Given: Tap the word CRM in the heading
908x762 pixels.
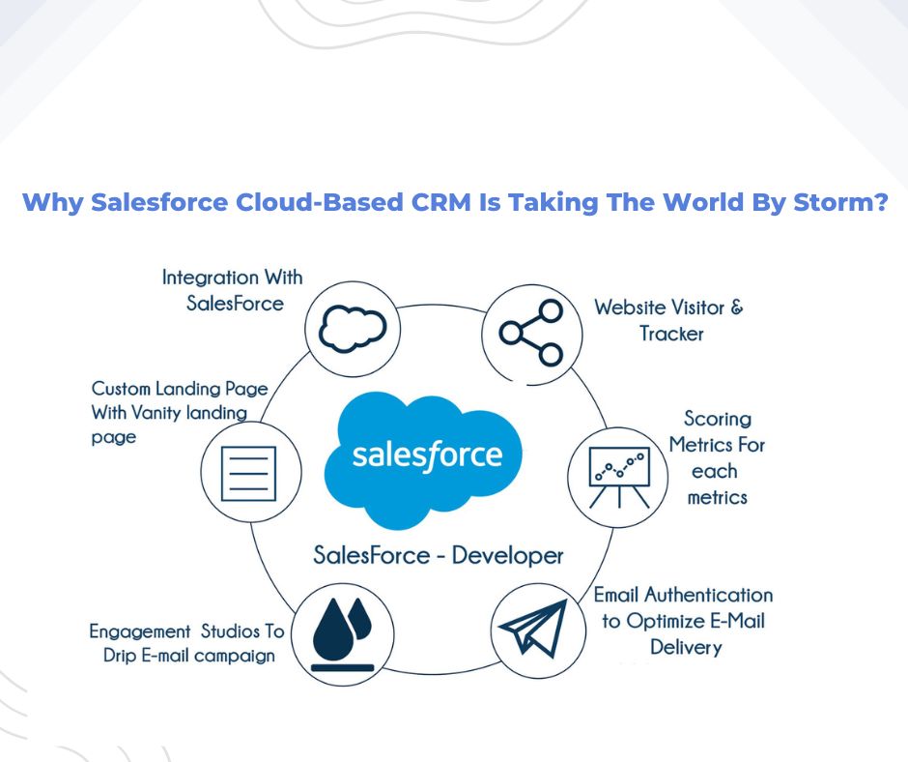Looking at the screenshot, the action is click(441, 202).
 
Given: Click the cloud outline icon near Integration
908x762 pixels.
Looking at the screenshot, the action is click(353, 329).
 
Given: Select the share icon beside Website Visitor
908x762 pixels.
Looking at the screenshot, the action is click(531, 333).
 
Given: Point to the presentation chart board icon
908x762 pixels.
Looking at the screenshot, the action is click(619, 478).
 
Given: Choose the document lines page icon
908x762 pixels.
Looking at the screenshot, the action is click(249, 474).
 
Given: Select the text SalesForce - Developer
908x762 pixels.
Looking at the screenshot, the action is click(439, 556).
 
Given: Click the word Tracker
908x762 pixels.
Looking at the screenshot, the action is click(671, 334).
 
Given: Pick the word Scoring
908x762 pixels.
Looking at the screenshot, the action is click(718, 418).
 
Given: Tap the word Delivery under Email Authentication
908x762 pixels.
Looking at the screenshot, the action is click(686, 647).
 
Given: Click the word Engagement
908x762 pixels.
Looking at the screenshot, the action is click(139, 631).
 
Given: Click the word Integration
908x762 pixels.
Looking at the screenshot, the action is click(211, 278).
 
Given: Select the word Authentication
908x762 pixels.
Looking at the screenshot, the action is click(709, 595).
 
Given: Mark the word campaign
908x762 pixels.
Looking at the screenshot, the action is click(235, 657).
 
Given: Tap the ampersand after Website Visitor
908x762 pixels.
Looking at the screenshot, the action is click(737, 307).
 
